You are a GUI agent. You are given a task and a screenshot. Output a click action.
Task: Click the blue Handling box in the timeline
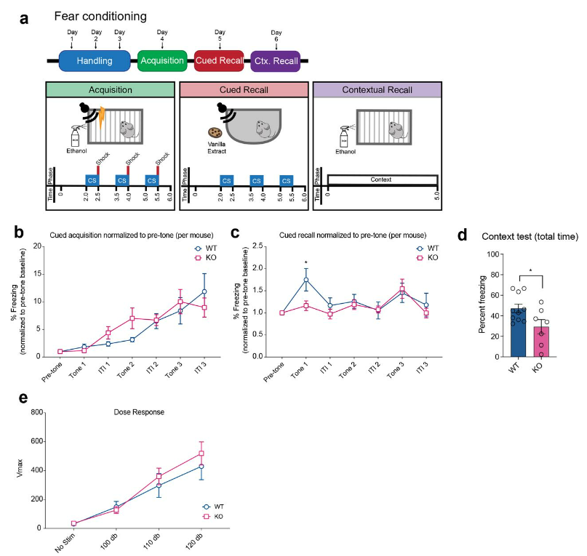point(94,61)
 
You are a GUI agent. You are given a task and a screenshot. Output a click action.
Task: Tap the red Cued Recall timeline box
point(220,61)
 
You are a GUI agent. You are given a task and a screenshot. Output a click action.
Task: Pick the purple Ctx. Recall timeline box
point(276,61)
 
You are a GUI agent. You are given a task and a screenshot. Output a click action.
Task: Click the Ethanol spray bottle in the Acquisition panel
point(75,136)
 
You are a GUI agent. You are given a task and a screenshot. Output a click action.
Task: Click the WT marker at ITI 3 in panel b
point(205,291)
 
